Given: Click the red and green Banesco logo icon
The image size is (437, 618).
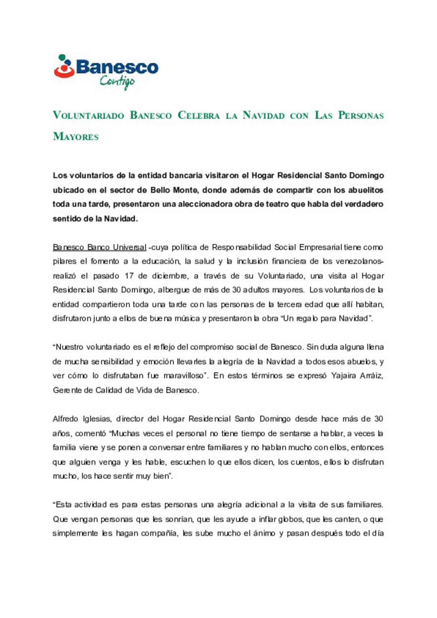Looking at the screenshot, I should [64, 66].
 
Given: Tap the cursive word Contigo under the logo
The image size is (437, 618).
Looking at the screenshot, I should [117, 81].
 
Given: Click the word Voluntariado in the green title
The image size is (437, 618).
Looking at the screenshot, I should [88, 116].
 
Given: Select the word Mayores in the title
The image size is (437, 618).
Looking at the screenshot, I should [76, 137].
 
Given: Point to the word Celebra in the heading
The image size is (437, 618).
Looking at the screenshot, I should [199, 116].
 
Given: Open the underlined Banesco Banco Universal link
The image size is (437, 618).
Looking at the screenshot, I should [100, 248].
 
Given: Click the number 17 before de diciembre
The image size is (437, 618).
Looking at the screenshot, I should [129, 276].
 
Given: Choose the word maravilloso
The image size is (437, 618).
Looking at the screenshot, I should [184, 376].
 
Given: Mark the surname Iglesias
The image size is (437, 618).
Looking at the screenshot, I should [96, 419].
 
